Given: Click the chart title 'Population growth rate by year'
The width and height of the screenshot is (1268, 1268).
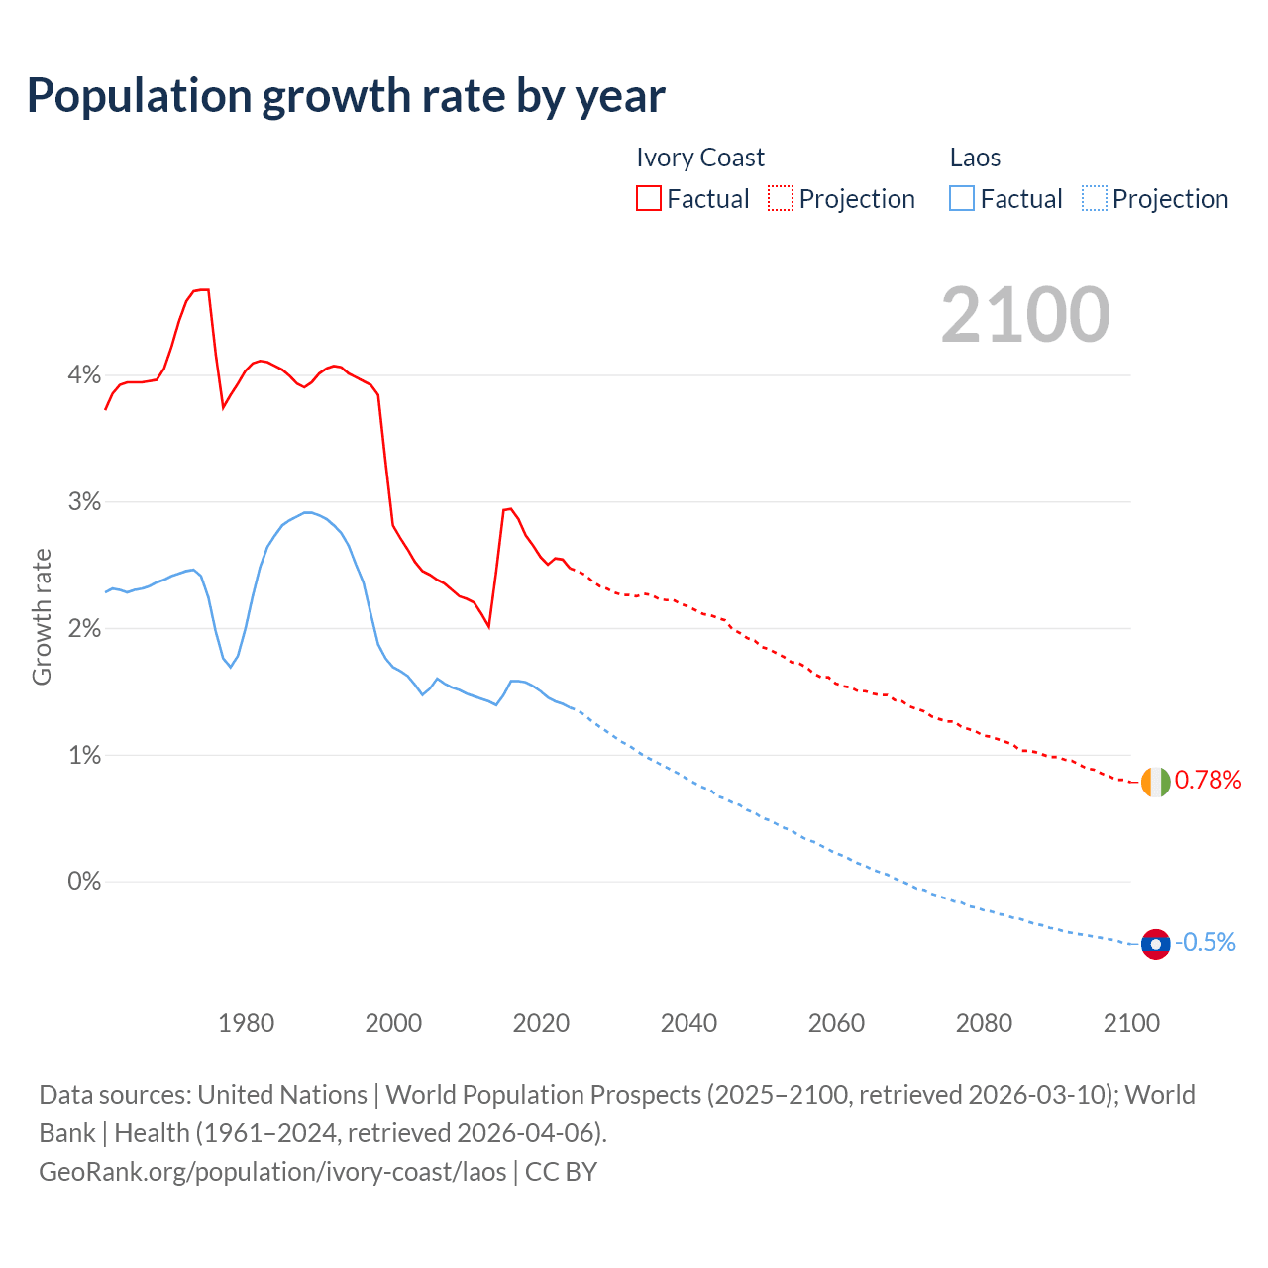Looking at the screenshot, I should pos(346,96).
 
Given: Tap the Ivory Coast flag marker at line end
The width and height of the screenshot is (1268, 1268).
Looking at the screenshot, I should pos(1155,782).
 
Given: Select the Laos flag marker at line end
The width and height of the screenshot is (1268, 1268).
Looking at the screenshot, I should pos(1155,944).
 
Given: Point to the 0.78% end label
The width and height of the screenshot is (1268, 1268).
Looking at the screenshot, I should pos(1208,781).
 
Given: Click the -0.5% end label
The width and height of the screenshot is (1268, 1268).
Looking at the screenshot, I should pos(1206,943).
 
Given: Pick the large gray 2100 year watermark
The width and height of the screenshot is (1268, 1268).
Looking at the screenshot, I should pos(1025,315).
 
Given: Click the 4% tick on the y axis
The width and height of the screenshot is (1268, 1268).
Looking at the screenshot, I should pos(84,375).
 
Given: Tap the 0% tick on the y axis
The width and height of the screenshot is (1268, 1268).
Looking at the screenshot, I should pos(84,882).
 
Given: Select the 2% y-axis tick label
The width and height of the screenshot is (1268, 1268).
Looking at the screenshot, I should pos(84,629).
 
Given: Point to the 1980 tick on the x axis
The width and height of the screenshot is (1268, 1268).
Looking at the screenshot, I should pos(246,1023).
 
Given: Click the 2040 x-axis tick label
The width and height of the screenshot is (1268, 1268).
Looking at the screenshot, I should pos(688,1023).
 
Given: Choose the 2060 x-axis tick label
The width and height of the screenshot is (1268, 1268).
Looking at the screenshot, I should pos(836,1023).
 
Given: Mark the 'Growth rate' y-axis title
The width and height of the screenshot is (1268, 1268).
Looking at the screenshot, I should pos(42,616).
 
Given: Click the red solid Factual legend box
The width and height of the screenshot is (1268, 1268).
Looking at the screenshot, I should pos(649,199).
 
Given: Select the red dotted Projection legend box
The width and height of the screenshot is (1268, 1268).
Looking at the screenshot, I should pos(781,199).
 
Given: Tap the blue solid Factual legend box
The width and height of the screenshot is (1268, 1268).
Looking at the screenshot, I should pos(962,199).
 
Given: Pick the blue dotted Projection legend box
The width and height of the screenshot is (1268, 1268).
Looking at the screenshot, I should pos(1094,199).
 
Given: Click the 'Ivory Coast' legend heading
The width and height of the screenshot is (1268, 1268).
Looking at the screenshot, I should pos(700,158).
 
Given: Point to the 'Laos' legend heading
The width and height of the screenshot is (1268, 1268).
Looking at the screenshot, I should pos(975,158).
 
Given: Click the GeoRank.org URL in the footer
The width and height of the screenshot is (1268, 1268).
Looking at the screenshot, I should pos(272,1172).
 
